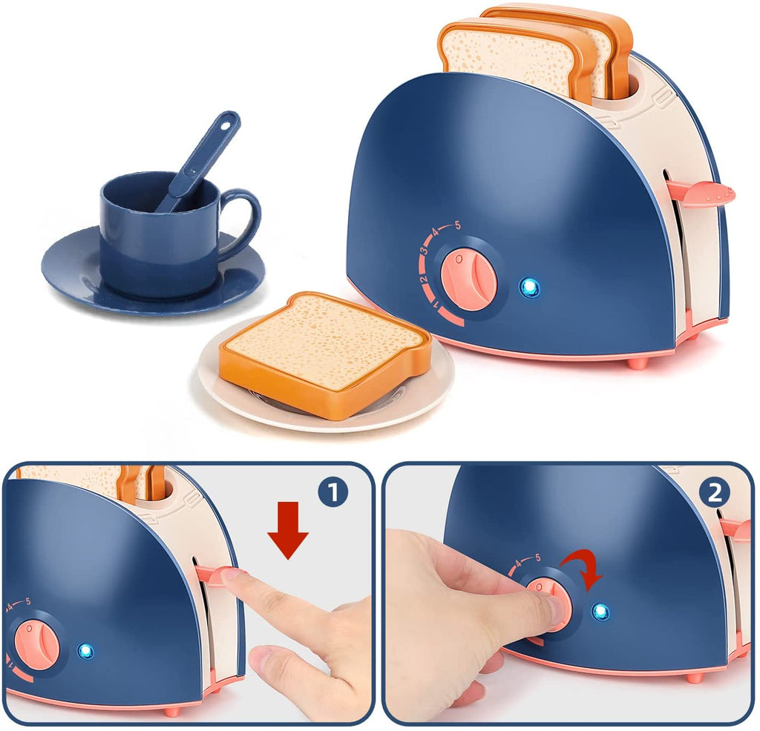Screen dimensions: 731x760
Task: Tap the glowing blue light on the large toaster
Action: pyautogui.click(x=528, y=288)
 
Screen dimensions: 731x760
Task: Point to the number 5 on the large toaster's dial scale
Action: pyautogui.click(x=457, y=224)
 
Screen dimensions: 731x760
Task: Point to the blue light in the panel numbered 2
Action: pyautogui.click(x=601, y=612)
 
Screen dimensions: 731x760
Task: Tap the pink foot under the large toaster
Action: pyautogui.click(x=637, y=363)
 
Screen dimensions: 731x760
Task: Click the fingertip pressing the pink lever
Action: pyautogui.click(x=232, y=579)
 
